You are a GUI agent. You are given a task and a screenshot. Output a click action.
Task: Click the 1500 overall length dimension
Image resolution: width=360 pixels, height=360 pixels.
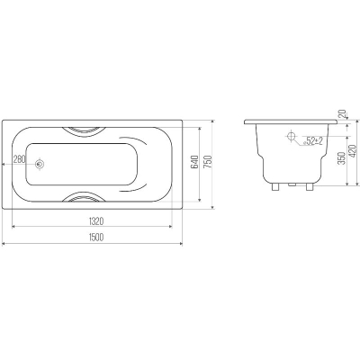96,237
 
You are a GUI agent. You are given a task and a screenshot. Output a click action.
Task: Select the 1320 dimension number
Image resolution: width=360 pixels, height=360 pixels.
96,221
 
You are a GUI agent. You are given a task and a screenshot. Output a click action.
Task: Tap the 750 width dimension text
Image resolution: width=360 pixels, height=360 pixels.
209,162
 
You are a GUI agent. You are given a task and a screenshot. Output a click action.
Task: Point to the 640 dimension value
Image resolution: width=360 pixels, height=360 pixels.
195,162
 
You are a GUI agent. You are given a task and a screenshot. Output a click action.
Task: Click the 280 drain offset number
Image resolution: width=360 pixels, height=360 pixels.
20,159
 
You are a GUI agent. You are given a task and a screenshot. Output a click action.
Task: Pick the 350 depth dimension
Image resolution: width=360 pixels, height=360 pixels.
341,157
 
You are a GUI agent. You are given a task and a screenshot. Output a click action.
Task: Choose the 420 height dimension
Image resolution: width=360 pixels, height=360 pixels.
354,150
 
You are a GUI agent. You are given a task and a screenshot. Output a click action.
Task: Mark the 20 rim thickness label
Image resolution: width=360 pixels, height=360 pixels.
342,113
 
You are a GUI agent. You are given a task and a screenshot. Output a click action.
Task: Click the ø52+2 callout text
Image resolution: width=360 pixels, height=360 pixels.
312,141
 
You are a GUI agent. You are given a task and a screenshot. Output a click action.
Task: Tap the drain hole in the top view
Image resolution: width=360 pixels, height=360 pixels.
40,164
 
